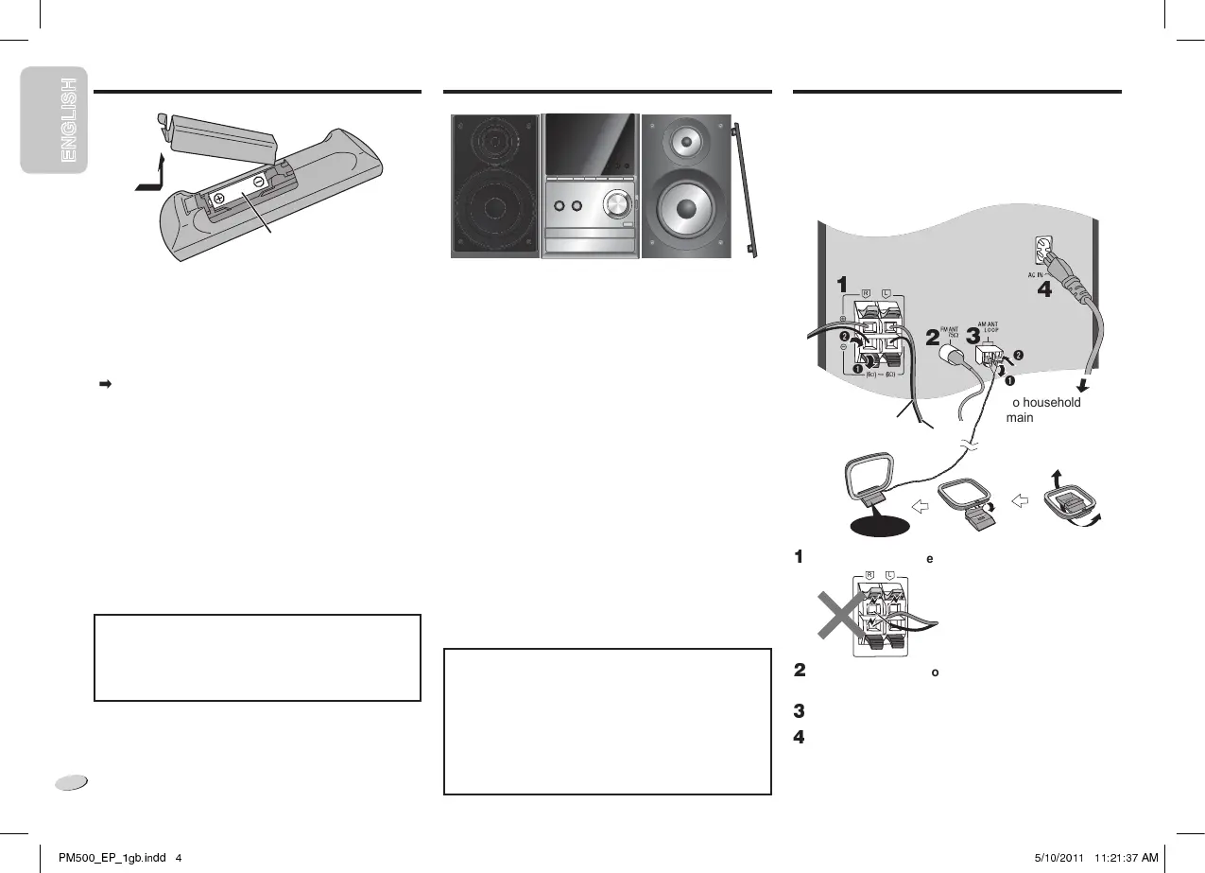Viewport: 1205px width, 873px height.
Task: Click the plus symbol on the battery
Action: (x=219, y=198)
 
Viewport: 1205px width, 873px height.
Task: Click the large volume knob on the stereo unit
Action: (x=617, y=205)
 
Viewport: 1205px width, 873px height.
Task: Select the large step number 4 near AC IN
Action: (x=1044, y=290)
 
